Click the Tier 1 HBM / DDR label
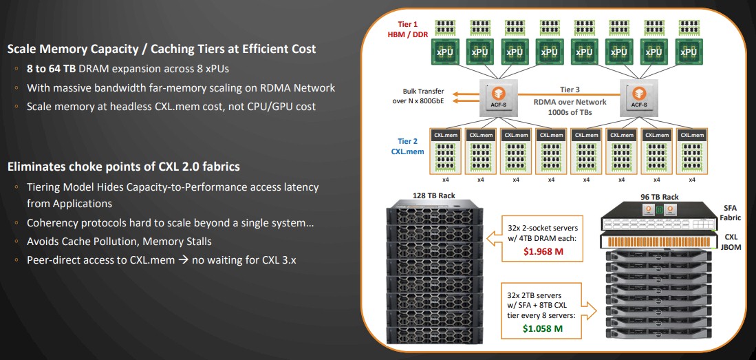point(411,28)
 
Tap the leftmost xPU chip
point(445,52)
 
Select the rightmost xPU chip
point(689,52)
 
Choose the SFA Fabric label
point(731,213)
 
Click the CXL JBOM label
point(731,243)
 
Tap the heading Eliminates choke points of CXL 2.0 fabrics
point(124,167)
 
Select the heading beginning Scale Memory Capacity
point(162,49)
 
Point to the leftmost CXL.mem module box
point(445,151)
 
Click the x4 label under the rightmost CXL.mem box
point(692,180)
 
